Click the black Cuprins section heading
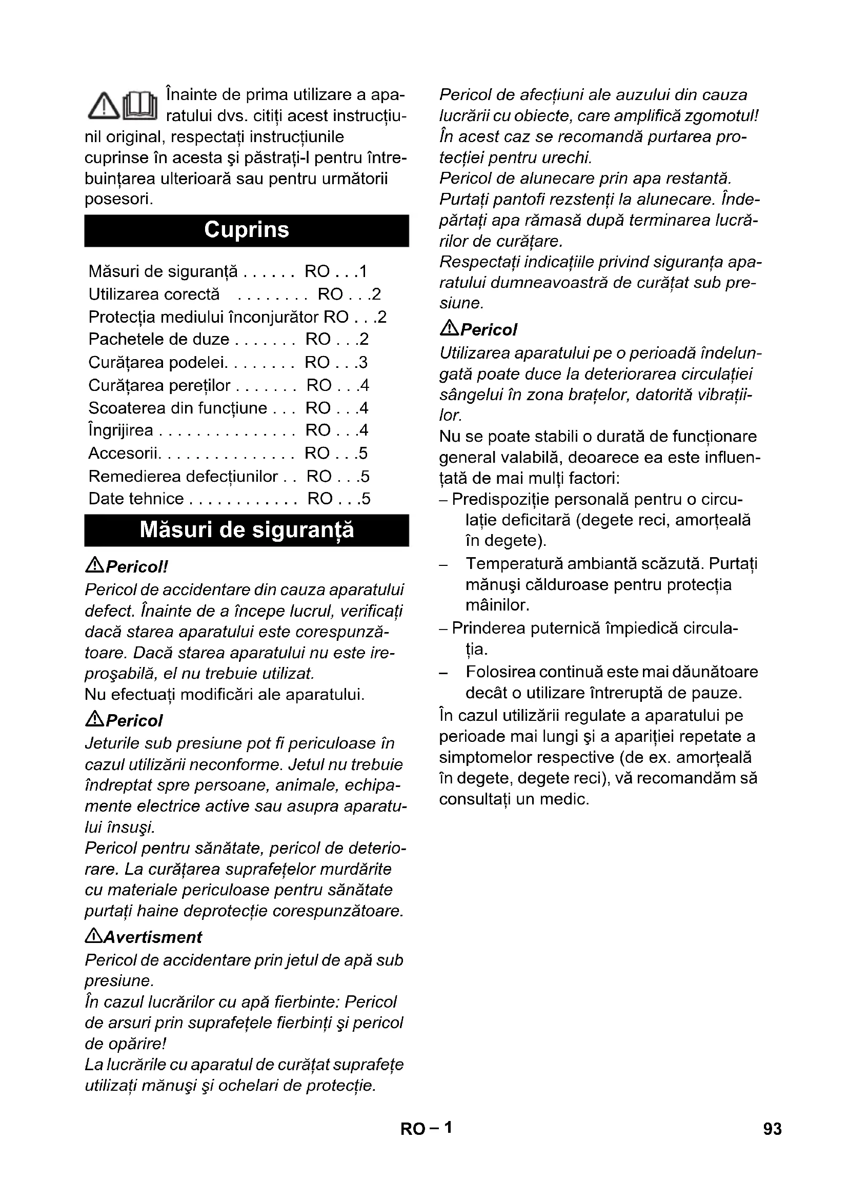247,230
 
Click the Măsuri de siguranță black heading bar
247,530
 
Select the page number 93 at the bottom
772,1129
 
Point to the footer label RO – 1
426,1128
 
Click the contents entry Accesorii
123,453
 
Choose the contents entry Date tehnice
136,499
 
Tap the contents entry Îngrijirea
121,430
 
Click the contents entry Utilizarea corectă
154,294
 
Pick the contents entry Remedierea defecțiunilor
183,476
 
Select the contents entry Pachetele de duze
159,339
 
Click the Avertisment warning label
152,937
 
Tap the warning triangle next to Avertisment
93,937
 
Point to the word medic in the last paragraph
566,799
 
